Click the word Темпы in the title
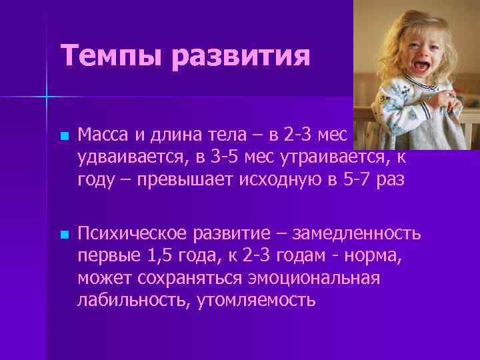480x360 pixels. point(110,56)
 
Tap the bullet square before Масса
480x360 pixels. point(63,136)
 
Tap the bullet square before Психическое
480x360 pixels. point(63,235)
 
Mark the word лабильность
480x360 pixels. point(133,299)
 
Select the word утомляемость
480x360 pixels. point(256,299)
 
